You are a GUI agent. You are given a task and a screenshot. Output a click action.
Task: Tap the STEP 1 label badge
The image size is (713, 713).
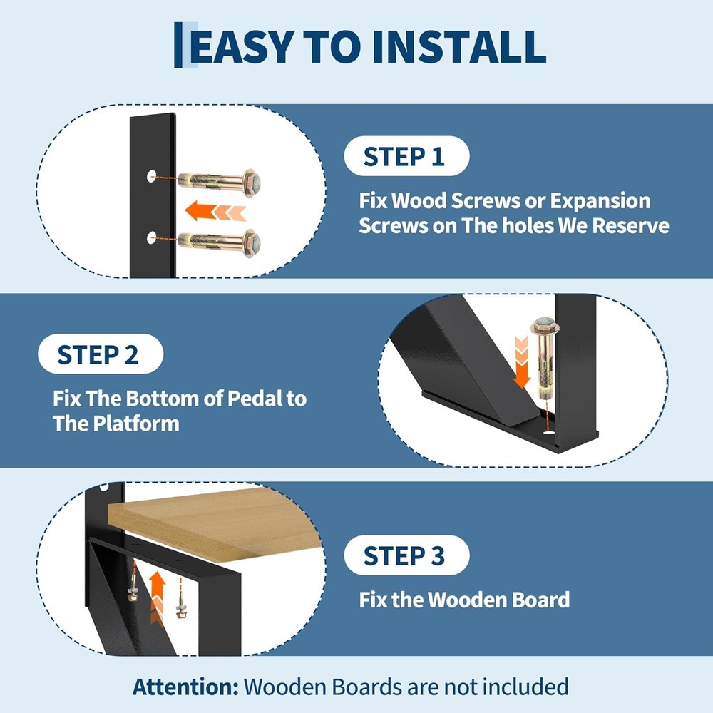pyautogui.click(x=404, y=156)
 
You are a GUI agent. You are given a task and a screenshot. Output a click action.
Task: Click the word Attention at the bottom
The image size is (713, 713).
pyautogui.click(x=184, y=687)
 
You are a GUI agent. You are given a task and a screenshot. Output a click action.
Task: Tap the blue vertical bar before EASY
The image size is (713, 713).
pyautogui.click(x=178, y=45)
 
